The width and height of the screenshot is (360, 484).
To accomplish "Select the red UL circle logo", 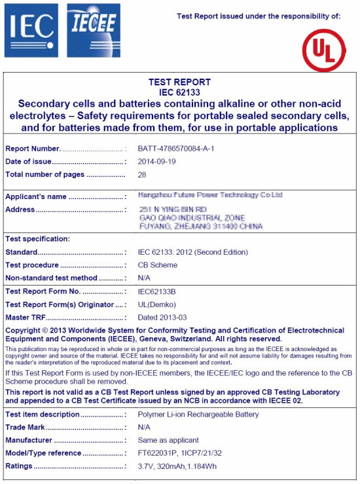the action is [323, 49].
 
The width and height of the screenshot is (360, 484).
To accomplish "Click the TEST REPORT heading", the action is [180, 83].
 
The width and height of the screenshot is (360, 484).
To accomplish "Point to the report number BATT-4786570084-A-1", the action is [176, 149].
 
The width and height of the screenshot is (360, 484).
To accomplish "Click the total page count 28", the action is [142, 175].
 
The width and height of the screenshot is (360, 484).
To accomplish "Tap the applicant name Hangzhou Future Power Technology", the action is [210, 195].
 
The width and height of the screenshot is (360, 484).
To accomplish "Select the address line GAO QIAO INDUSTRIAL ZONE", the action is [192, 217].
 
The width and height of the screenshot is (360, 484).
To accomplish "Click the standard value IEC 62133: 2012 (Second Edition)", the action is [193, 252].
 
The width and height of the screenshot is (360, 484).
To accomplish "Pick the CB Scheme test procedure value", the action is [158, 265].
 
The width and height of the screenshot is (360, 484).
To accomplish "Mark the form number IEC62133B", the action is [157, 291].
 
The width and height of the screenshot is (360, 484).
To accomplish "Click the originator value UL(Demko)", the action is [157, 305].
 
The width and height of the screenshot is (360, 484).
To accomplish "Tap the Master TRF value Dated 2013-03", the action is [163, 318].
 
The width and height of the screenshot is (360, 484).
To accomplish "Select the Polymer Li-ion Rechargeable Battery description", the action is [198, 415].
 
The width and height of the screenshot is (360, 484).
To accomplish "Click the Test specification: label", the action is [37, 239].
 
